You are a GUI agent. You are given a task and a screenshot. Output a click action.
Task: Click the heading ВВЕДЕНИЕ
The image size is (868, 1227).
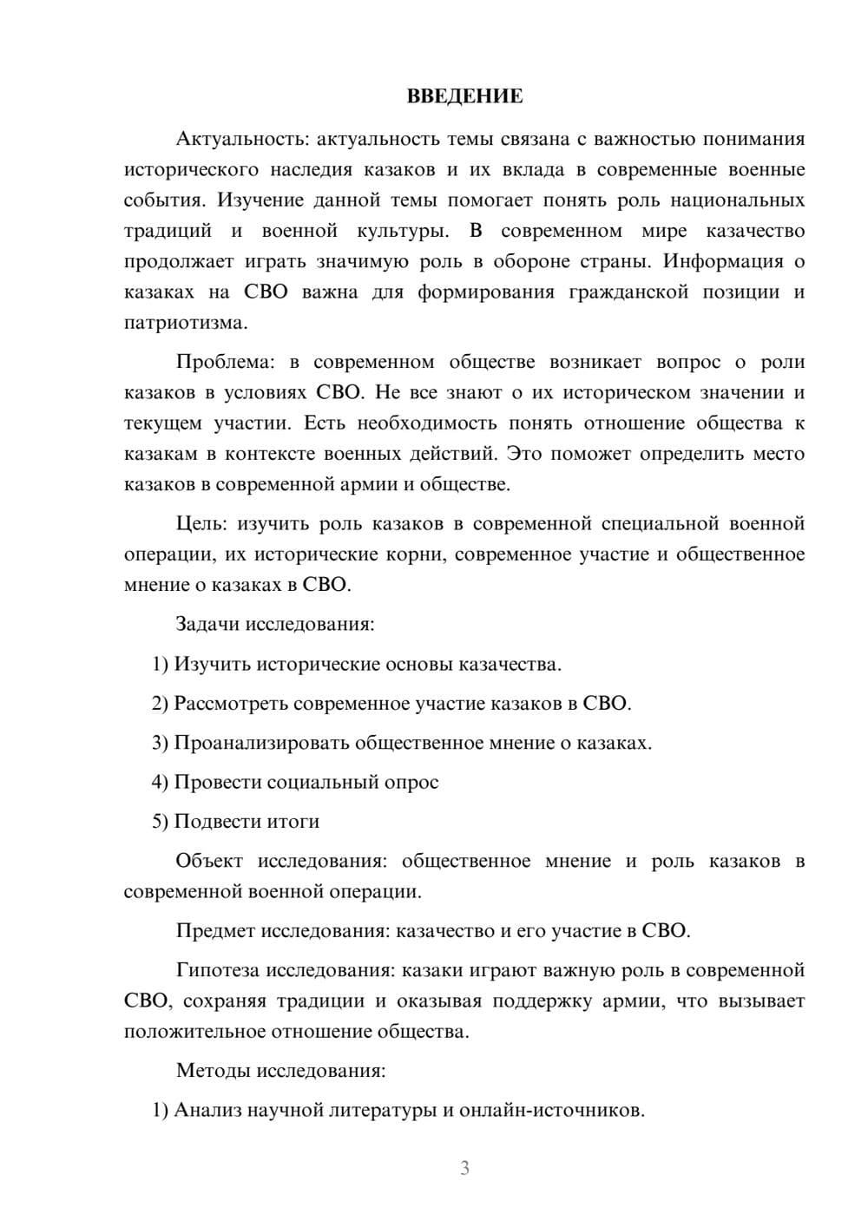464,96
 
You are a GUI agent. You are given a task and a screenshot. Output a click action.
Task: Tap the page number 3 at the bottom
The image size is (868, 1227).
464,1168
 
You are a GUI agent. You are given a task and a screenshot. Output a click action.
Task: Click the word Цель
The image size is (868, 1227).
201,523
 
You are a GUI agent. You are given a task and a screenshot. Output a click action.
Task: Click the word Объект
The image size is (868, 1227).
208,861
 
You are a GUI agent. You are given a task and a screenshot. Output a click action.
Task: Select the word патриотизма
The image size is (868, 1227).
185,323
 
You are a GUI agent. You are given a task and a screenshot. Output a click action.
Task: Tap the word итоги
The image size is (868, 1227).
293,821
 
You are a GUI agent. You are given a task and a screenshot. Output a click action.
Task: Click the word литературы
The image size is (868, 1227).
381,1110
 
